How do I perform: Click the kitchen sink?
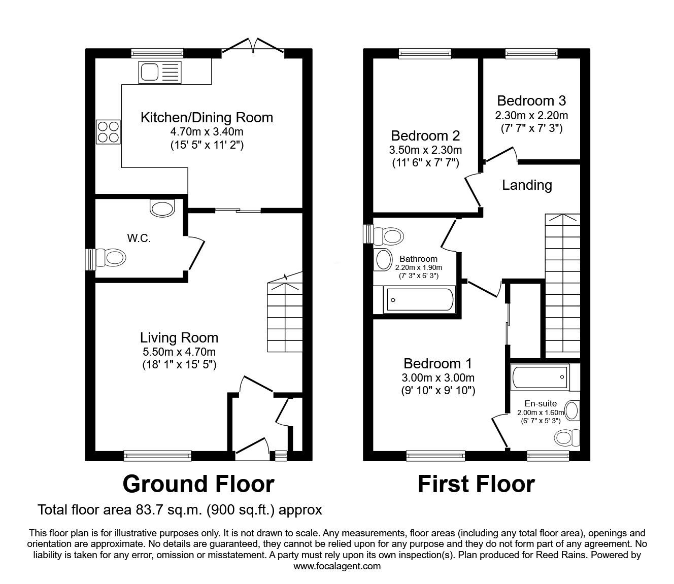[160, 72]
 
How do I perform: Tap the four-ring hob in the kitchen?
[108, 132]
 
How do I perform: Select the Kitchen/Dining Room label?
[207, 117]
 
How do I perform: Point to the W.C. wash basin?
[162, 208]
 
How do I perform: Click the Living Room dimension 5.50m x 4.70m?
[179, 352]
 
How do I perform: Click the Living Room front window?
[158, 456]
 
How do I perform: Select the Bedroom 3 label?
[531, 101]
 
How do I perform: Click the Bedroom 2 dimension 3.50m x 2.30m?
[425, 150]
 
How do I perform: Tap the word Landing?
[527, 185]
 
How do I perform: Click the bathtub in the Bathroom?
[419, 300]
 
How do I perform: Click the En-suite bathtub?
[540, 377]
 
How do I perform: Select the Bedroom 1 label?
[437, 363]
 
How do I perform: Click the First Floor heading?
[477, 484]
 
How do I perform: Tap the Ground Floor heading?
[198, 484]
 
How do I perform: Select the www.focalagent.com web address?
[337, 566]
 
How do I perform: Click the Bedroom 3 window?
[531, 54]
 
